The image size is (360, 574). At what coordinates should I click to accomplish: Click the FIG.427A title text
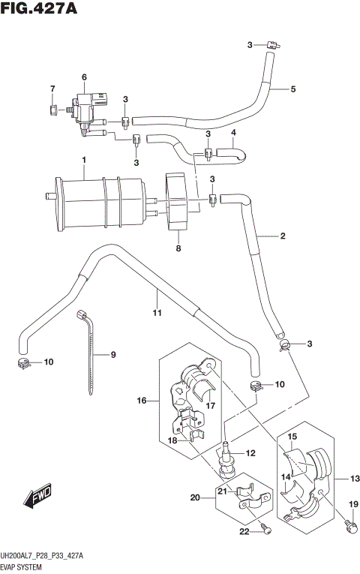40,11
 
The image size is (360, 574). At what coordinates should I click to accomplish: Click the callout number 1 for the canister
85,160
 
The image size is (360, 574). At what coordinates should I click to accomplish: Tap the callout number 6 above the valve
85,77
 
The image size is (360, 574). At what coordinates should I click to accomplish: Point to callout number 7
52,90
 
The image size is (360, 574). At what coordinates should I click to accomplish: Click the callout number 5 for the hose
293,89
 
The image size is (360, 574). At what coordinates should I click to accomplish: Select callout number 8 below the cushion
178,248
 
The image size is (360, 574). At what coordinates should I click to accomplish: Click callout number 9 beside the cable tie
114,355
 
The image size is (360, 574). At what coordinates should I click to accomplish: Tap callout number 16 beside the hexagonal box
141,401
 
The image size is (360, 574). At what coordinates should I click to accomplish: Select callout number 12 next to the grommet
250,452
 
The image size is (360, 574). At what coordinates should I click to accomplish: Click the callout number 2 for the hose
283,237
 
